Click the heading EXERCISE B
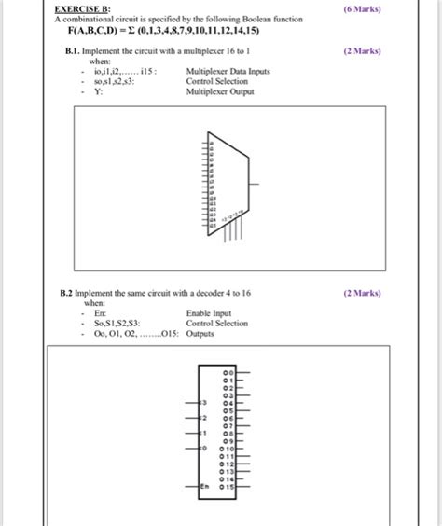[82, 8]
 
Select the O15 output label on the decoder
[227, 486]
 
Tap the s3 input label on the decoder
[203, 403]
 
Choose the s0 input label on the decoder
[203, 449]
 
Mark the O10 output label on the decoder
[227, 449]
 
